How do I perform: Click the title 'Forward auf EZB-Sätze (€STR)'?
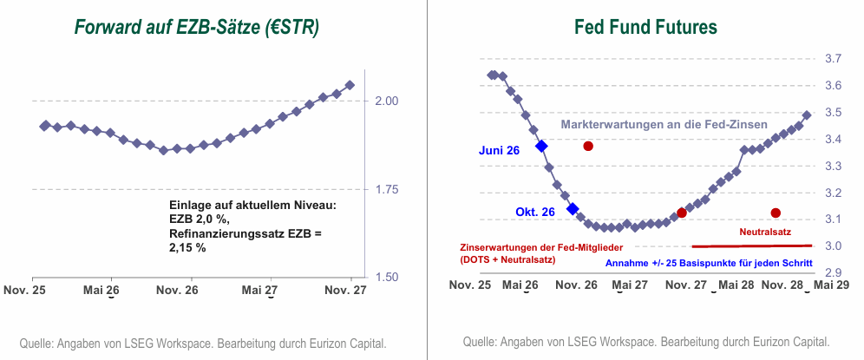[197, 28]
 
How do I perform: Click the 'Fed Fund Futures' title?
[645, 28]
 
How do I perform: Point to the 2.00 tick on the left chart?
[383, 101]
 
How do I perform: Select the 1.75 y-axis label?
[383, 189]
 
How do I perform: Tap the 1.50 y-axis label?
[383, 278]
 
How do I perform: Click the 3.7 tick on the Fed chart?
[832, 59]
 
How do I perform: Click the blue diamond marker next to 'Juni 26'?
[541, 147]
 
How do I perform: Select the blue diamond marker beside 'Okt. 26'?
[572, 208]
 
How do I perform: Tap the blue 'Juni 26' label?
[499, 150]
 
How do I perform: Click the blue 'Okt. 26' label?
[534, 212]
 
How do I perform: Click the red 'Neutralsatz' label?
[764, 232]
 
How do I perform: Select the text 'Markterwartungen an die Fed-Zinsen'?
[664, 125]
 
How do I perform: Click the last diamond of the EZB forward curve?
[350, 85]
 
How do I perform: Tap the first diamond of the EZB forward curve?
[44, 126]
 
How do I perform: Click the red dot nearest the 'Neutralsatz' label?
[776, 213]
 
